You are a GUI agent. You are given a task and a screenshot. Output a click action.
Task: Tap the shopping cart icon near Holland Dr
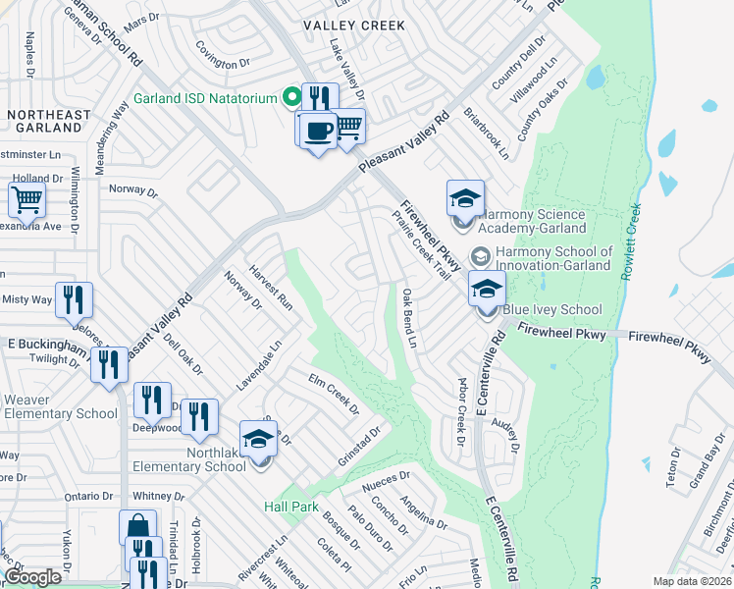27,199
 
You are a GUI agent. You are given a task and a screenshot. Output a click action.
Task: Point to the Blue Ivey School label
552,310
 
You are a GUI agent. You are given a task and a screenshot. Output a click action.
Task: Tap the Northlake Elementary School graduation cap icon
258,439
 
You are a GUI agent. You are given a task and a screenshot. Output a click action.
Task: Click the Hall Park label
291,507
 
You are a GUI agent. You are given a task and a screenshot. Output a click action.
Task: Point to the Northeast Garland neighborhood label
48,122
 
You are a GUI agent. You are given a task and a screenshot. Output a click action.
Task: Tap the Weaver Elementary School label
60,406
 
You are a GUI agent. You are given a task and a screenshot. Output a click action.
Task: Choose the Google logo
32,577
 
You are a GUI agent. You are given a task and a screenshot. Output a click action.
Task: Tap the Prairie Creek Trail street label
429,245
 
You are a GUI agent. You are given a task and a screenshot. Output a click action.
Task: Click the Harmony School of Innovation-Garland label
552,258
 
